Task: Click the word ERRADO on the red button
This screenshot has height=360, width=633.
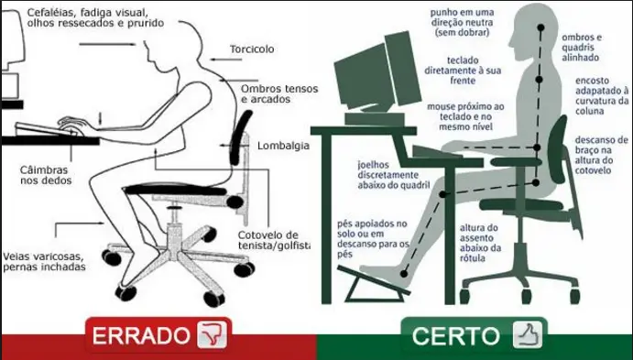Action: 140,335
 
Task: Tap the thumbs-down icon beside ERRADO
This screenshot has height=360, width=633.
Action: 212,335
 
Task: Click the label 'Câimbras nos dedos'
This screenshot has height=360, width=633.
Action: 45,175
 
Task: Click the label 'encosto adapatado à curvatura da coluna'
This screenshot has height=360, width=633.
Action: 601,98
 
